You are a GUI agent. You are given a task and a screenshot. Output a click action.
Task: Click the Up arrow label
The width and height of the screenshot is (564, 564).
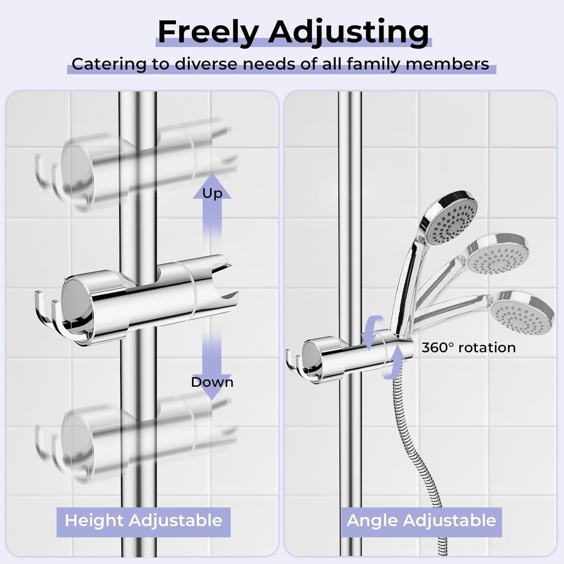click(212, 193)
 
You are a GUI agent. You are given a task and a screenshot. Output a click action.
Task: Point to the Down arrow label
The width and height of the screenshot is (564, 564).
click(212, 382)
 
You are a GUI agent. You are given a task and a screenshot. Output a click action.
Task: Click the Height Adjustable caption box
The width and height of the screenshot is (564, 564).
click(143, 522)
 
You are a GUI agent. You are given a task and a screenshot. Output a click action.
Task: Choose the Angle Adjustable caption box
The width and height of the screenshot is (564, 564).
click(421, 522)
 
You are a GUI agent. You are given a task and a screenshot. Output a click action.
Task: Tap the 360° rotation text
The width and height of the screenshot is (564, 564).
click(468, 347)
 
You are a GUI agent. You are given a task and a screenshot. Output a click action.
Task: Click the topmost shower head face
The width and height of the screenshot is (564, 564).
click(452, 222)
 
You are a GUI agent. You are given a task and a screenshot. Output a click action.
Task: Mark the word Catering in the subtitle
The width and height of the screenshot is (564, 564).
click(108, 64)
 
